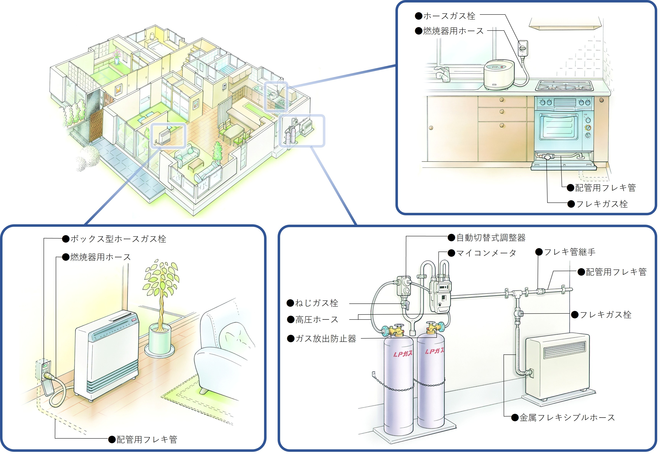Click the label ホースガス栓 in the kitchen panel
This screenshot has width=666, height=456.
(449, 16)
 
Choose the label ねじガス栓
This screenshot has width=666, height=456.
(316, 303)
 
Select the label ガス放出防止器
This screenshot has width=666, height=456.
(326, 339)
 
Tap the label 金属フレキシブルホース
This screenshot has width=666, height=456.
(567, 418)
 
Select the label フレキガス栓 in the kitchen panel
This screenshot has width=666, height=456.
(602, 204)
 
